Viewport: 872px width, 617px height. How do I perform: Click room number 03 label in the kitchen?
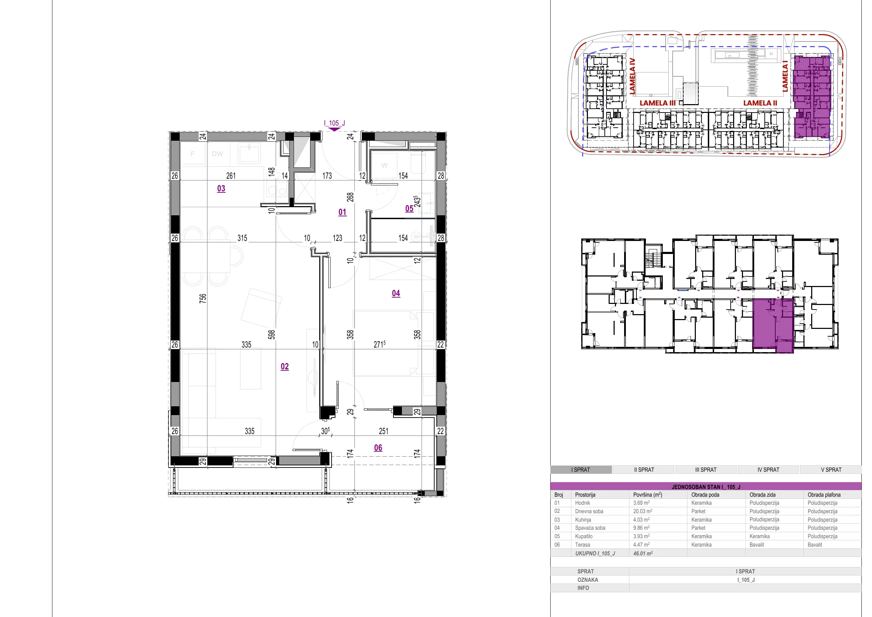coord(221,189)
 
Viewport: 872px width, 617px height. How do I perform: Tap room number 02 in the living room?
coord(284,367)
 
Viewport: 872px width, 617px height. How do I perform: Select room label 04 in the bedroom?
coord(396,293)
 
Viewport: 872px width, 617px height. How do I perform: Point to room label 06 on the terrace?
coord(378,447)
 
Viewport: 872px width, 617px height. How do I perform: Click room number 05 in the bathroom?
coord(409,209)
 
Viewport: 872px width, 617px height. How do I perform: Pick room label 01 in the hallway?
coord(342,212)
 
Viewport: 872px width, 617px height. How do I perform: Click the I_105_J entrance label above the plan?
coord(334,123)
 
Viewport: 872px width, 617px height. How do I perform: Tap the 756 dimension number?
coord(203,298)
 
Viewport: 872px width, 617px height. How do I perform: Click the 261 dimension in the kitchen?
coord(231,176)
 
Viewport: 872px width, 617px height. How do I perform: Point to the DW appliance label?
coord(217,154)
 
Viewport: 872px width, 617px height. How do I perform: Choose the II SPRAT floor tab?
coord(644,470)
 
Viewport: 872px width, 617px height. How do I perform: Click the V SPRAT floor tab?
coord(831,470)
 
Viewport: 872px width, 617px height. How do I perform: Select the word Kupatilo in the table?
coord(584,536)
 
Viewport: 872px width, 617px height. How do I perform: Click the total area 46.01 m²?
coord(643,554)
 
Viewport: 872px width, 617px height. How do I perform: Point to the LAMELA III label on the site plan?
coord(658,103)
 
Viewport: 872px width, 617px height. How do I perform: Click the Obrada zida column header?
coord(763,495)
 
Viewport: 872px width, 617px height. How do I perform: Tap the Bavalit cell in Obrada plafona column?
coord(815,545)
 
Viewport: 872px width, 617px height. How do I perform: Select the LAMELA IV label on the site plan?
coord(632,76)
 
